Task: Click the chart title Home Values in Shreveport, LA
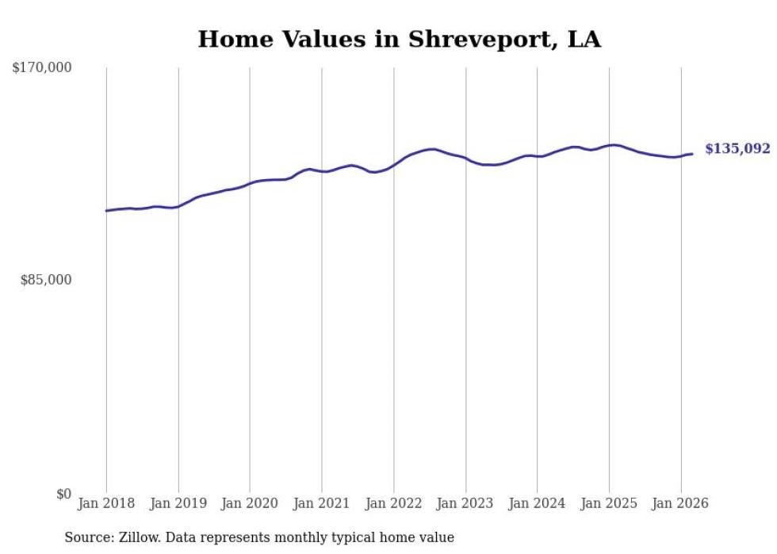point(399,40)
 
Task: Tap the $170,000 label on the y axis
point(42,68)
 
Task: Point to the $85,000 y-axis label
point(45,280)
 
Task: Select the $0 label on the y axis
point(63,494)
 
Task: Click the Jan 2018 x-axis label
point(106,503)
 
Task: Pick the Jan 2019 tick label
point(178,503)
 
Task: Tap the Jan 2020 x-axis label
point(250,503)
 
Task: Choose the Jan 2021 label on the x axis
point(322,503)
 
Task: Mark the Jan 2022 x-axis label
point(394,503)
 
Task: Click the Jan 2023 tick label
point(465,503)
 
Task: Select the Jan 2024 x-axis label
point(538,503)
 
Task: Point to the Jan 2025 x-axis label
point(609,503)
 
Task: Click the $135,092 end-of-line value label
point(737,149)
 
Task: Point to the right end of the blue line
point(692,154)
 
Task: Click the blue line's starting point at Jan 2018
point(106,211)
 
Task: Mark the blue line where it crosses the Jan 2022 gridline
point(394,165)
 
